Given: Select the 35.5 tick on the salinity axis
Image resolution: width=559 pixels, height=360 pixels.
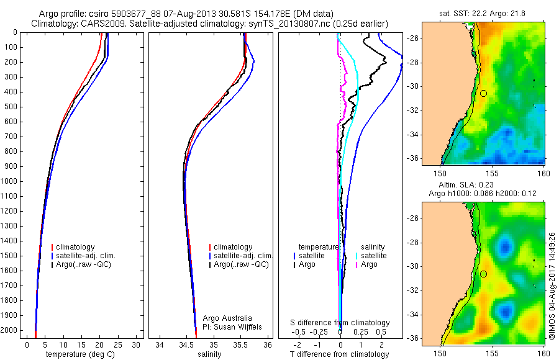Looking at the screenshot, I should click(241, 344).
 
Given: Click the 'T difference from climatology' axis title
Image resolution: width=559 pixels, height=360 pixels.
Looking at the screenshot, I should click(339, 354).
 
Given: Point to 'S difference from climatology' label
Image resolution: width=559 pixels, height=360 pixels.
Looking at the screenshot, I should click(340, 323).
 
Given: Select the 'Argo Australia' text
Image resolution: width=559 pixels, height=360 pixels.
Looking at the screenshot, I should click(228, 318).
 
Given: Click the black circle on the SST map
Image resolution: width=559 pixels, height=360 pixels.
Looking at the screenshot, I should click(483, 93).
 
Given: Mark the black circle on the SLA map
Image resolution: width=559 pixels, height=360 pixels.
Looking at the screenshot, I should click(483, 274).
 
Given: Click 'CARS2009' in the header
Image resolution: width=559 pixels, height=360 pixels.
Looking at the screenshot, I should click(99, 24).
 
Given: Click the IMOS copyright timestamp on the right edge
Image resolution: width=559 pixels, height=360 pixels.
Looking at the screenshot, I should click(552, 287).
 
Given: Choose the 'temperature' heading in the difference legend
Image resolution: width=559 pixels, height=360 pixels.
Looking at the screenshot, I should click(319, 247).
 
